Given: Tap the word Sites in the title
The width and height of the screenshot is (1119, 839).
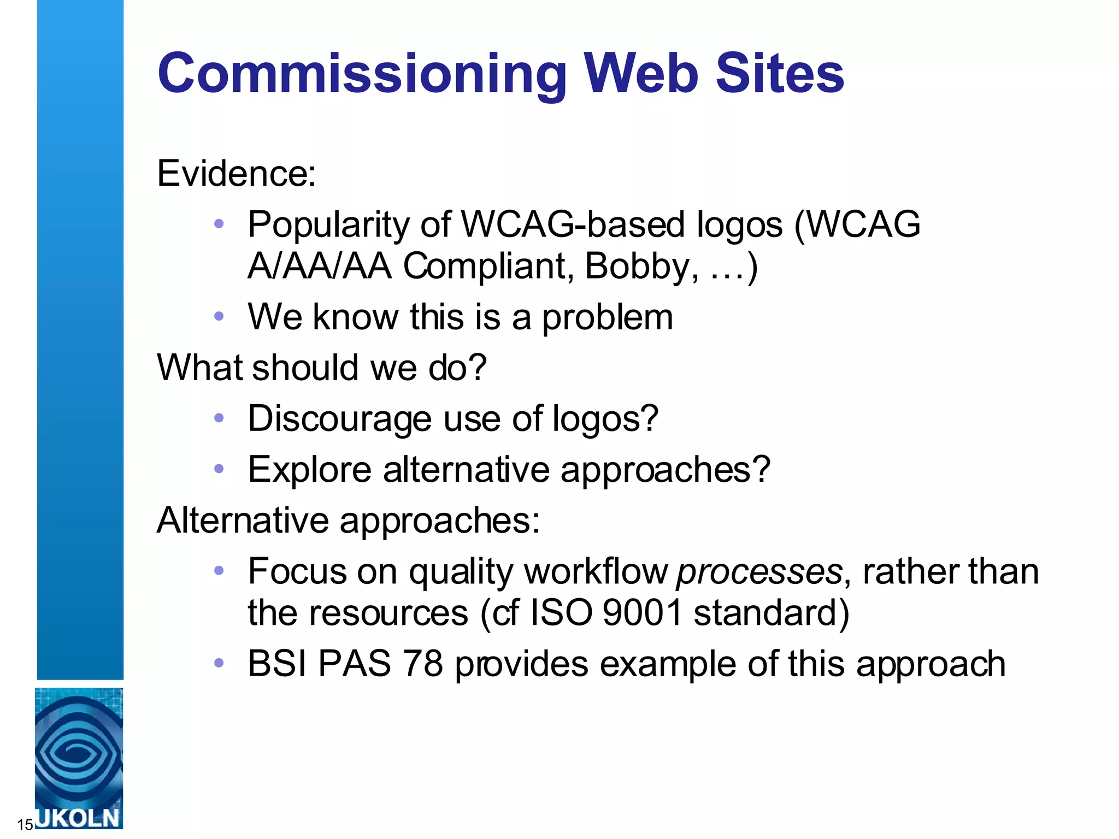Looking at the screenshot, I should tap(780, 74).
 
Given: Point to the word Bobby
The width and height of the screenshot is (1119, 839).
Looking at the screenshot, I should tap(641, 266).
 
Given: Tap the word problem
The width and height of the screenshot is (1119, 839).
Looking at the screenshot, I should tap(607, 317).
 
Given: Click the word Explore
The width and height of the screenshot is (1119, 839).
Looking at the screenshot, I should tap(309, 470).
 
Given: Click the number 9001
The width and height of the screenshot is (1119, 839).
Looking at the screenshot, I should tap(643, 613).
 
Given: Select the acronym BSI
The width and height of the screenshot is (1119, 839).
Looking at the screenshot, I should tap(277, 664).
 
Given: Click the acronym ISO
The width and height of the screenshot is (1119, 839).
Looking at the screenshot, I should tap(562, 613).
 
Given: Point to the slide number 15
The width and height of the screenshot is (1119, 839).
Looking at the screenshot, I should tap(25, 824).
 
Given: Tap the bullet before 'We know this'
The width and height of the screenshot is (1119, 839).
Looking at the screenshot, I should tap(219, 316).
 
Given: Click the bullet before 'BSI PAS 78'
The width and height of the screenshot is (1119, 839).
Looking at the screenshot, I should tap(219, 663).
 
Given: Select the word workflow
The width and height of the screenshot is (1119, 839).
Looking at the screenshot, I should tap(596, 572).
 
